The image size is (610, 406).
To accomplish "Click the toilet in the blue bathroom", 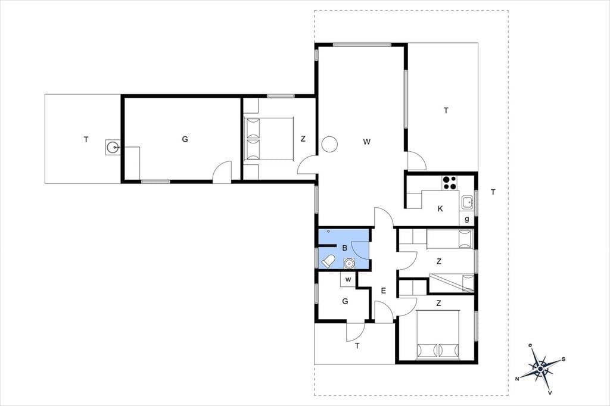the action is [x=328, y=261].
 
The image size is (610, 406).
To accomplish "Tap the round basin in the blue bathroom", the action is [x=350, y=263].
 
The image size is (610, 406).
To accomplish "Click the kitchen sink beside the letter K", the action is [x=467, y=202].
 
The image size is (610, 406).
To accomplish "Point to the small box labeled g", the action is [x=466, y=219].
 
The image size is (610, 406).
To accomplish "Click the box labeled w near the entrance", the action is [x=348, y=279].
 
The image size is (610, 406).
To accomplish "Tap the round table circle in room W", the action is [x=329, y=144].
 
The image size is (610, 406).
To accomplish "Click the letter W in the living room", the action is [x=366, y=142].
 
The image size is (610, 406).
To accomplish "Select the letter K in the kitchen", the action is [x=440, y=209].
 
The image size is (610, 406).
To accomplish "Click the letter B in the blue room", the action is [x=344, y=248].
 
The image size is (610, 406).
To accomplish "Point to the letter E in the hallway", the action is [x=383, y=291].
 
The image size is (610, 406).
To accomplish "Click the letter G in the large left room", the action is [x=185, y=139].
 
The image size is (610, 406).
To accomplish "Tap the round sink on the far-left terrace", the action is [x=113, y=147].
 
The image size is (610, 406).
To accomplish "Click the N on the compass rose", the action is [x=518, y=379].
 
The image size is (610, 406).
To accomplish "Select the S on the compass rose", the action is [x=564, y=360].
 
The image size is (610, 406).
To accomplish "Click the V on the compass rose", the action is [x=550, y=393].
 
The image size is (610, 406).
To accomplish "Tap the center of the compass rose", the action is [x=540, y=368].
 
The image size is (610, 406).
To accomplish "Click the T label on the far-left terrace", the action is [x=86, y=139].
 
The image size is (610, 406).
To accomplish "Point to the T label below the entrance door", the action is [x=357, y=346].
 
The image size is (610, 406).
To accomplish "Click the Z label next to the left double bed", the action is [x=303, y=139].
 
